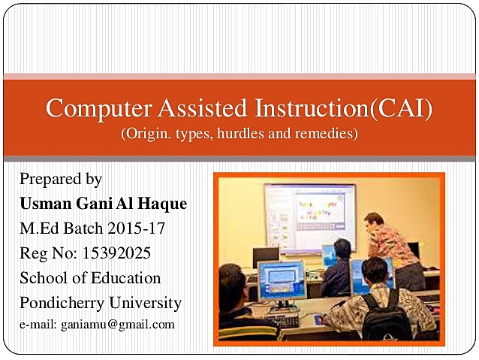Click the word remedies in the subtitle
[x=327, y=135]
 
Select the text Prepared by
[x=61, y=179]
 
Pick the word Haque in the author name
[x=161, y=204]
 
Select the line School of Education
[x=90, y=278]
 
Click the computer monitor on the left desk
[x=281, y=278]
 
